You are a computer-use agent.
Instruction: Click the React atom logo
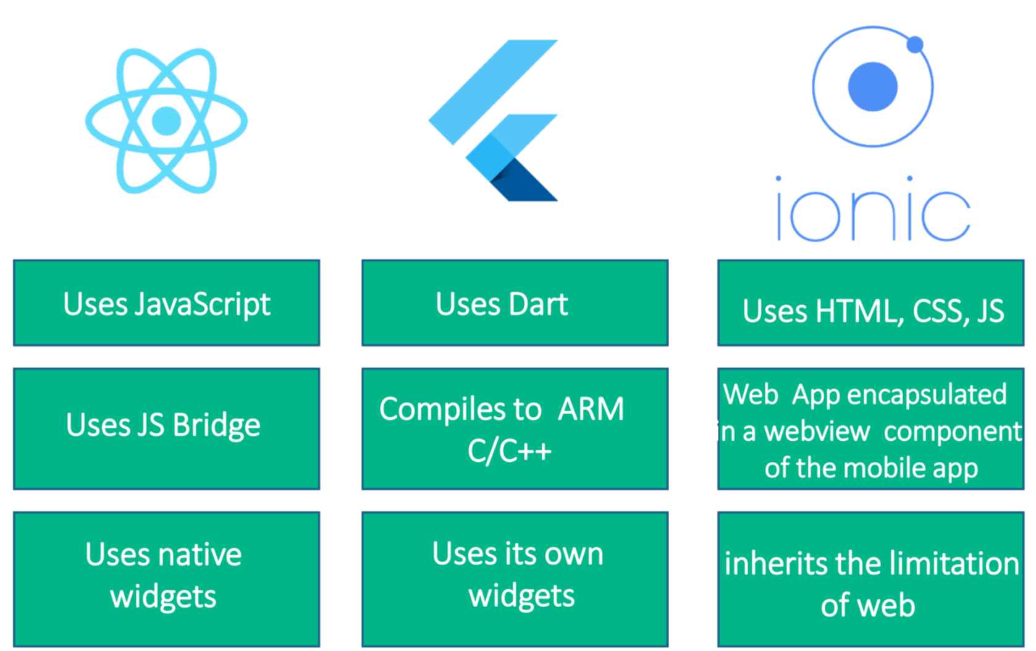click(x=166, y=121)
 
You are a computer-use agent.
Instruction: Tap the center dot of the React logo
click(x=166, y=121)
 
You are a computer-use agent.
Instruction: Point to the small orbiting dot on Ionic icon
click(x=914, y=45)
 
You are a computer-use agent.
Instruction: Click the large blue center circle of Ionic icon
click(x=872, y=87)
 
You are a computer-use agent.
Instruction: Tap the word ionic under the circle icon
click(x=872, y=213)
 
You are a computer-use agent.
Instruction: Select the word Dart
click(x=537, y=304)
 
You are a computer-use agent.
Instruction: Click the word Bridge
click(x=216, y=425)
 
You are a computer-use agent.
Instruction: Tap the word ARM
click(x=591, y=409)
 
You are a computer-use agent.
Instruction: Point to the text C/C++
click(x=509, y=451)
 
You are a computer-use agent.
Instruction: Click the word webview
click(x=817, y=432)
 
